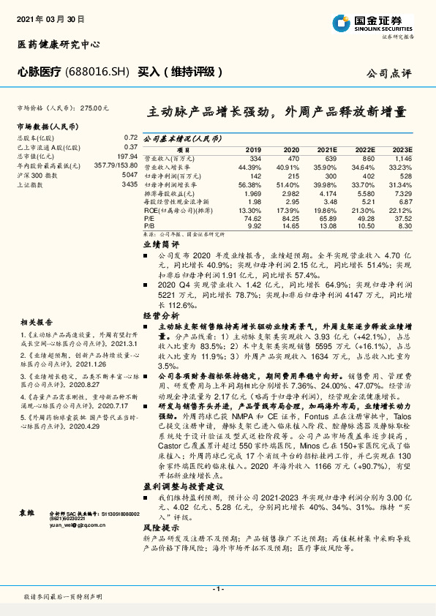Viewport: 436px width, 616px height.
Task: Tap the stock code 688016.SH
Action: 101,72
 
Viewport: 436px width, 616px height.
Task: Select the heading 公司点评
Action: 391,74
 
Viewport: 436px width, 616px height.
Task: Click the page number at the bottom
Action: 217,588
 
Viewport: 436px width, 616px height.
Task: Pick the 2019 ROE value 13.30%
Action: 249,210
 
